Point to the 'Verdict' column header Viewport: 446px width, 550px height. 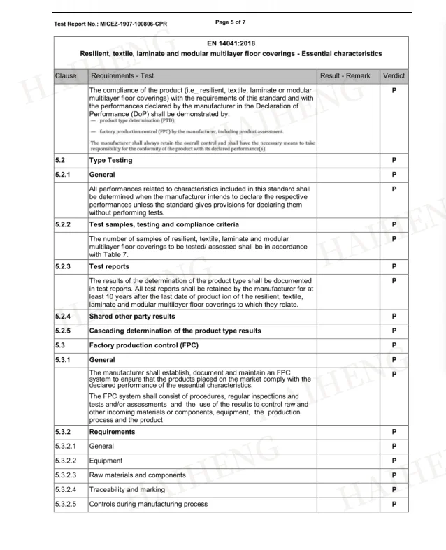[x=394, y=75]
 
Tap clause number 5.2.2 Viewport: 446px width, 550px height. [x=65, y=224]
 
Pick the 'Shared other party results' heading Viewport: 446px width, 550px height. [x=136, y=317]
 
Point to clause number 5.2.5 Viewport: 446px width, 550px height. [x=65, y=331]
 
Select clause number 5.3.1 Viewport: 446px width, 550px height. [x=65, y=360]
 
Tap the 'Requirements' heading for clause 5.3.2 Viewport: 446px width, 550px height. [x=113, y=432]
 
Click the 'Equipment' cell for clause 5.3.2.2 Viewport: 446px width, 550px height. [x=106, y=461]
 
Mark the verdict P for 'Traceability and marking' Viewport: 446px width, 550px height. [x=394, y=490]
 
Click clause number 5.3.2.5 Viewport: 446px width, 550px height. [x=68, y=504]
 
